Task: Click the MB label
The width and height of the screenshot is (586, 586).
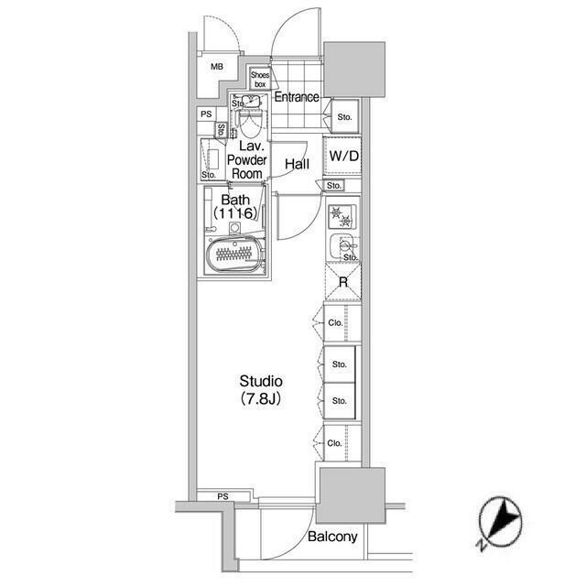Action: [217, 67]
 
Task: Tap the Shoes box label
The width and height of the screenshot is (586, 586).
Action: [259, 81]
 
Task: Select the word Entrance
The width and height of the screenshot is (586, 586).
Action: [296, 97]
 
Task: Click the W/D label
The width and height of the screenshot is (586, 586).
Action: [343, 155]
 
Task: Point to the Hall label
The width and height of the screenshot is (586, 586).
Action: [297, 165]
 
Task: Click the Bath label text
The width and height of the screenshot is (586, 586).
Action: [235, 199]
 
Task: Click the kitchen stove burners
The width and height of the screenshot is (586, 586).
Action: [342, 216]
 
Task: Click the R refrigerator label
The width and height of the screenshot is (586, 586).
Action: [343, 282]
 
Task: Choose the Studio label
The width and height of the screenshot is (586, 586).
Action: [261, 381]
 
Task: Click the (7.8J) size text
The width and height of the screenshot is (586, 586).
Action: [261, 399]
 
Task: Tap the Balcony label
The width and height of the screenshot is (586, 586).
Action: [332, 537]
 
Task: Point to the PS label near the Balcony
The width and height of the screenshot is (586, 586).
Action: [222, 496]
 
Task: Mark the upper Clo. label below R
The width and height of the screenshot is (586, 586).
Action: [334, 321]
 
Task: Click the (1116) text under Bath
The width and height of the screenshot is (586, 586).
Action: [233, 214]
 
